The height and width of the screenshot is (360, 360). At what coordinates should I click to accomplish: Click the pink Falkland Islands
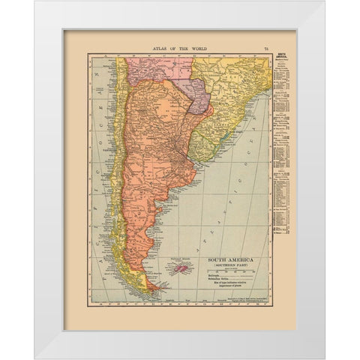click(x=184, y=268)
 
